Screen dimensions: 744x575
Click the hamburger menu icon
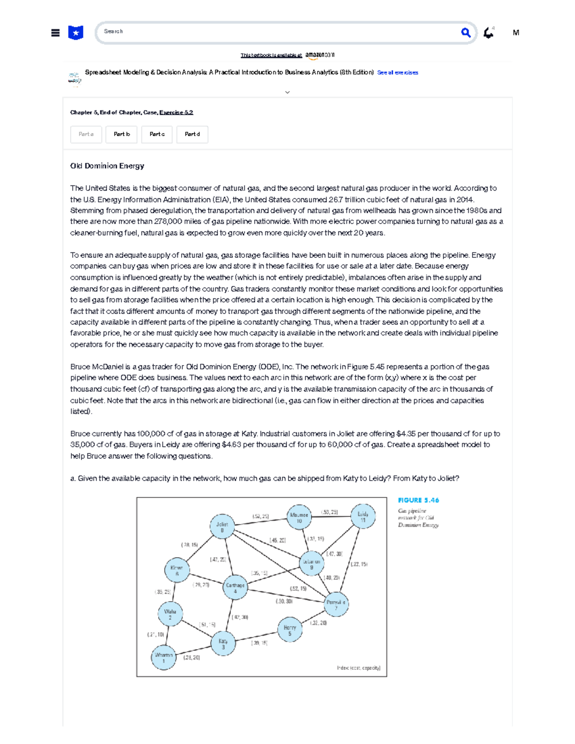(x=56, y=33)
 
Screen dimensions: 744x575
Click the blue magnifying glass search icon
(x=465, y=33)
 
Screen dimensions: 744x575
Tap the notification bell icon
(x=488, y=33)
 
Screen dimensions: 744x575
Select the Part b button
(x=122, y=135)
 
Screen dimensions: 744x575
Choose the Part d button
(x=192, y=135)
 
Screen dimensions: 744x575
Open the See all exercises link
(x=397, y=73)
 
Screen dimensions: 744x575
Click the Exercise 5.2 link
(x=176, y=113)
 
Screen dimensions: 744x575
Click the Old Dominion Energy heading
(x=107, y=166)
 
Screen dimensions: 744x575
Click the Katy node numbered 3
(x=223, y=643)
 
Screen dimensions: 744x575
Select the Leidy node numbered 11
(x=363, y=516)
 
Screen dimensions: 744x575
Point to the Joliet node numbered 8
(x=222, y=527)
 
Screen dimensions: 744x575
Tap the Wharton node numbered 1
(x=163, y=657)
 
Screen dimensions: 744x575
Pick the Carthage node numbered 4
(x=235, y=588)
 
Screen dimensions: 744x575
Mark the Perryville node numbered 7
(x=336, y=605)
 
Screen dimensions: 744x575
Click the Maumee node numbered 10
(x=299, y=517)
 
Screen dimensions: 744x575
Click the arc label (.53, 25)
(x=329, y=512)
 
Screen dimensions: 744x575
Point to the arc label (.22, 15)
(x=359, y=564)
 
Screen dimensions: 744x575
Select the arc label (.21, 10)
(x=156, y=634)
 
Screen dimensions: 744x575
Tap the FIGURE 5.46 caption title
(x=418, y=500)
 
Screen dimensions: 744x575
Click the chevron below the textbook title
(x=287, y=92)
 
